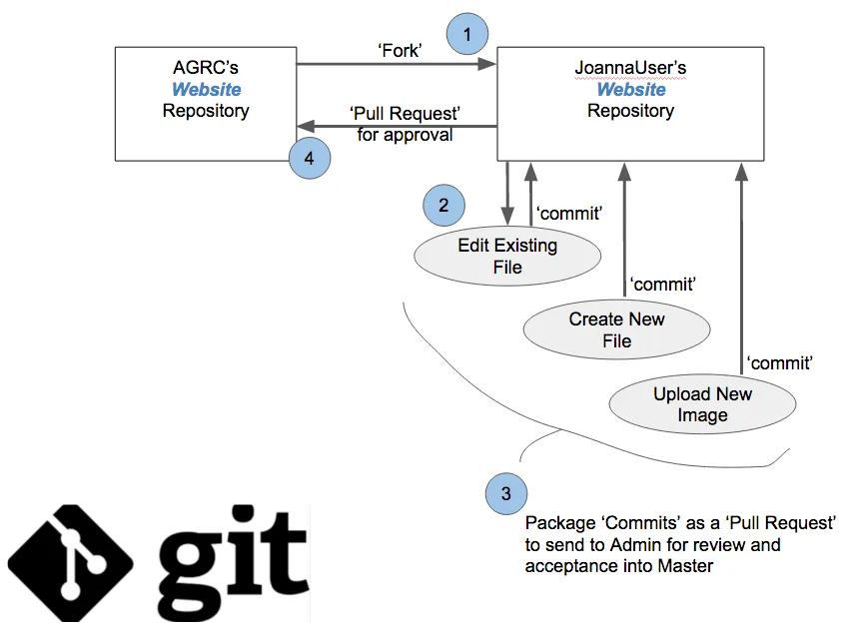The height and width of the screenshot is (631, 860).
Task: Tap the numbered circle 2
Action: point(443,207)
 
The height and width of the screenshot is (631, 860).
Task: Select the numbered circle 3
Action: point(506,492)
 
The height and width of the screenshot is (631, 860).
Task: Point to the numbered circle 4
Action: point(310,158)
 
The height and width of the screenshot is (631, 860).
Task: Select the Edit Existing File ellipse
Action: point(507,257)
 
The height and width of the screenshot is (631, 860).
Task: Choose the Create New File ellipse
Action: point(616,330)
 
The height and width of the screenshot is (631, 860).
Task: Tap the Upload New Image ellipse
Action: point(702,404)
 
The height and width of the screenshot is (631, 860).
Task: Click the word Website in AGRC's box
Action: point(206,90)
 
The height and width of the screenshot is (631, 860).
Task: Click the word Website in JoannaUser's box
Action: point(630,90)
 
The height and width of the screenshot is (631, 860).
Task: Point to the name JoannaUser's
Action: point(630,69)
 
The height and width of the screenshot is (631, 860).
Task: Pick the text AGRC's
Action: point(206,69)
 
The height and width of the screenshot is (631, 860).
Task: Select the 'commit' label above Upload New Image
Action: point(780,362)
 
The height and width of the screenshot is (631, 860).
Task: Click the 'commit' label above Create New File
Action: point(663,286)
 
